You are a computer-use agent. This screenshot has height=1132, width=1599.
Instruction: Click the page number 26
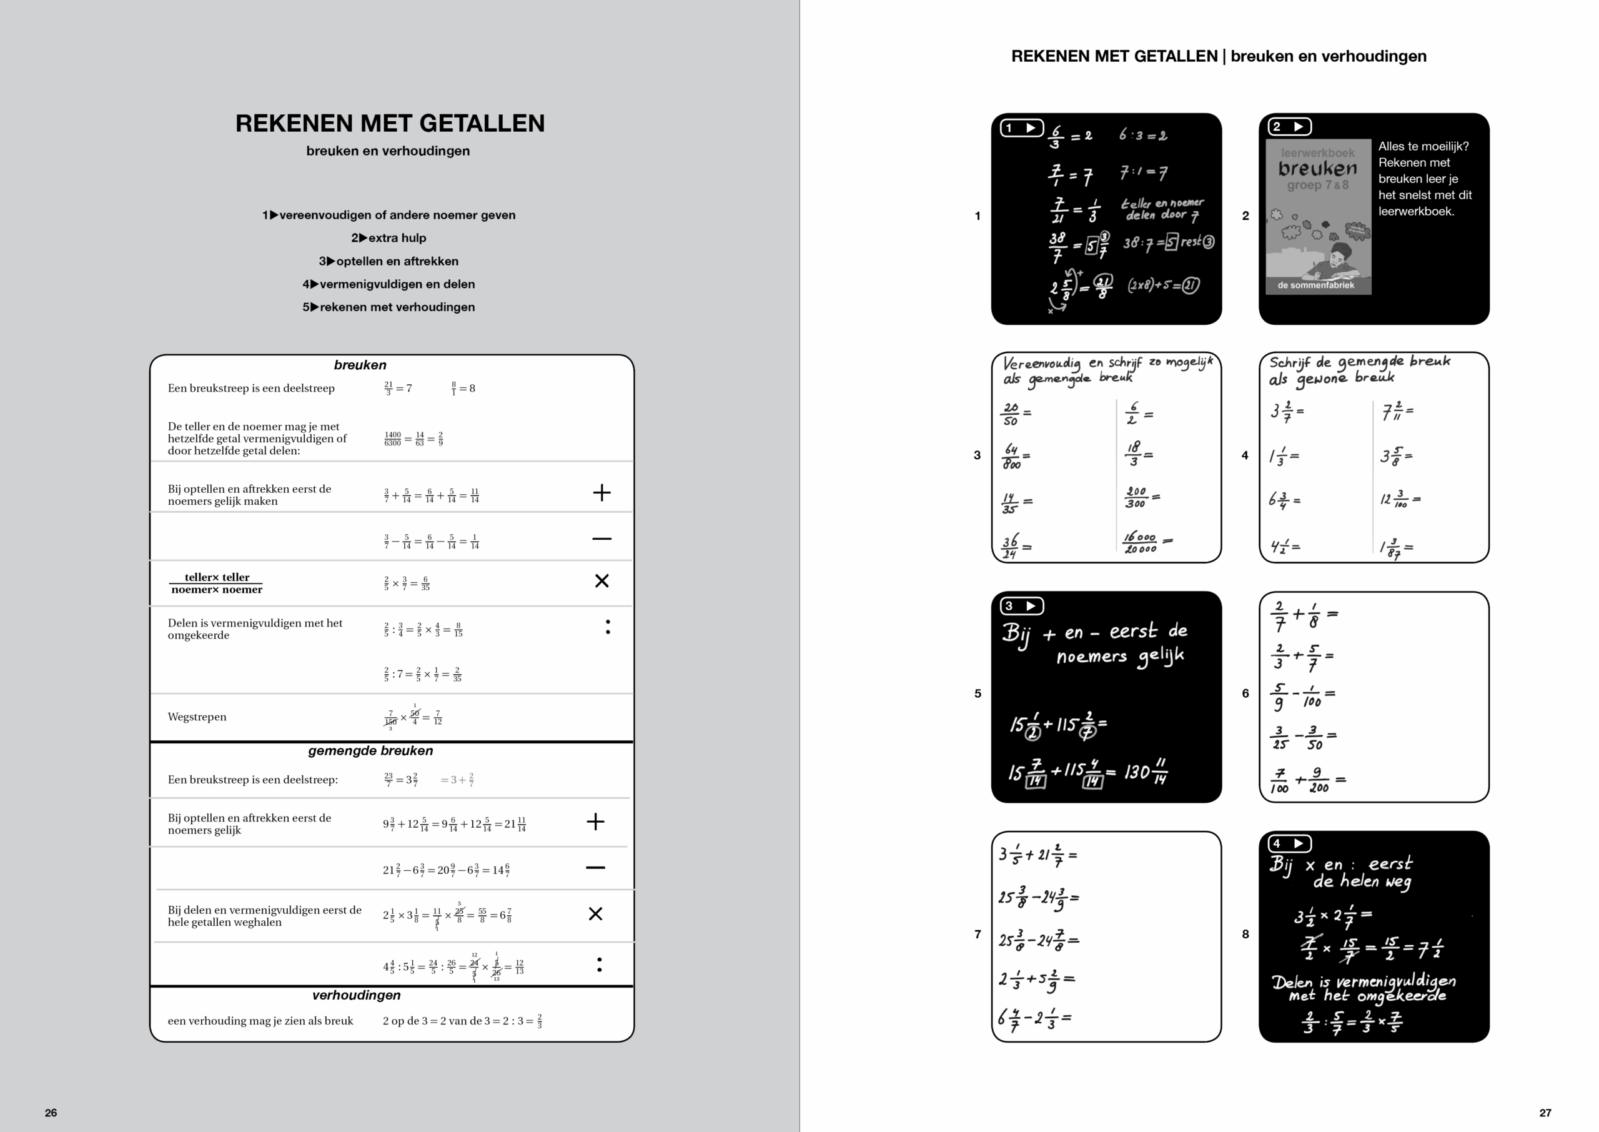51,1113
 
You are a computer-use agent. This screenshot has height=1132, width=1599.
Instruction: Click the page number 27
1545,1113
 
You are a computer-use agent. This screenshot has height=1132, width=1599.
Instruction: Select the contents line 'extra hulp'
389,237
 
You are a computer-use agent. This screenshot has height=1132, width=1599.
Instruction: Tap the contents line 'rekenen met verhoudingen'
389,307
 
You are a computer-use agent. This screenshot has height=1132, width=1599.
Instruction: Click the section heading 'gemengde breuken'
370,751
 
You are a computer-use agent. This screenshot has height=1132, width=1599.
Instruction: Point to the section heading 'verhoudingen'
356,995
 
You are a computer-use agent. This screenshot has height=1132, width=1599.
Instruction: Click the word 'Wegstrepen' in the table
197,717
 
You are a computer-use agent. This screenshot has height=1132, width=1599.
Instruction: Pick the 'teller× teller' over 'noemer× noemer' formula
217,583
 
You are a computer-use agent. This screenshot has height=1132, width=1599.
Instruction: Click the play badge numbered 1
1021,127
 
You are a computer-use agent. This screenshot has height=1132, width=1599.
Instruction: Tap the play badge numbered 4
1289,843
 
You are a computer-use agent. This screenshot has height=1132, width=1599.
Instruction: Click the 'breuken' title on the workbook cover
1317,169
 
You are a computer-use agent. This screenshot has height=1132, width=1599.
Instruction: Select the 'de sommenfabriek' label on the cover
1315,285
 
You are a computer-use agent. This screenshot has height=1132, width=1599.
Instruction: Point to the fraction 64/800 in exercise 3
1012,457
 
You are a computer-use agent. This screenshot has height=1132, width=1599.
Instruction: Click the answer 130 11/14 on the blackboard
1146,772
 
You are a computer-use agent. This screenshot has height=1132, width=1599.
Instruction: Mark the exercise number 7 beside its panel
978,934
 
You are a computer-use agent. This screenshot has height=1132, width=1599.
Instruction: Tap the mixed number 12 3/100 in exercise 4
1395,500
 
